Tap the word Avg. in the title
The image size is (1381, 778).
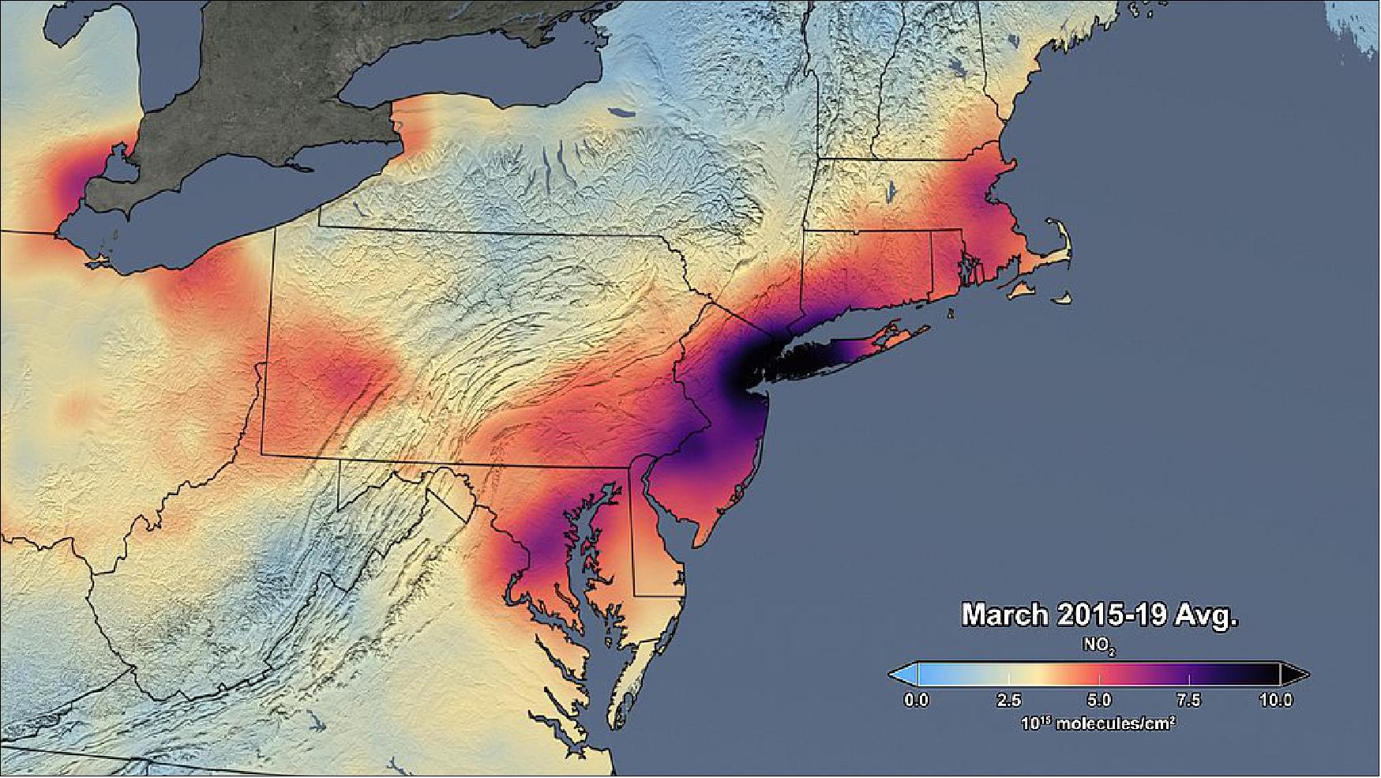(1206, 615)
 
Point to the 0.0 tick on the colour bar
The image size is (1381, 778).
(916, 700)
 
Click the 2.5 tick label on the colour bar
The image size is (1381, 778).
(1009, 700)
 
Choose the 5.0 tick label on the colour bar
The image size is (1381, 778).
(1099, 700)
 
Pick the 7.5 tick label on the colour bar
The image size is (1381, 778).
(1188, 700)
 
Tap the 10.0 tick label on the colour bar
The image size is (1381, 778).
(1276, 700)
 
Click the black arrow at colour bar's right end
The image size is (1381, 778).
(1294, 675)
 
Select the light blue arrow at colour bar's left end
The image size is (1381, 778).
(903, 675)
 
